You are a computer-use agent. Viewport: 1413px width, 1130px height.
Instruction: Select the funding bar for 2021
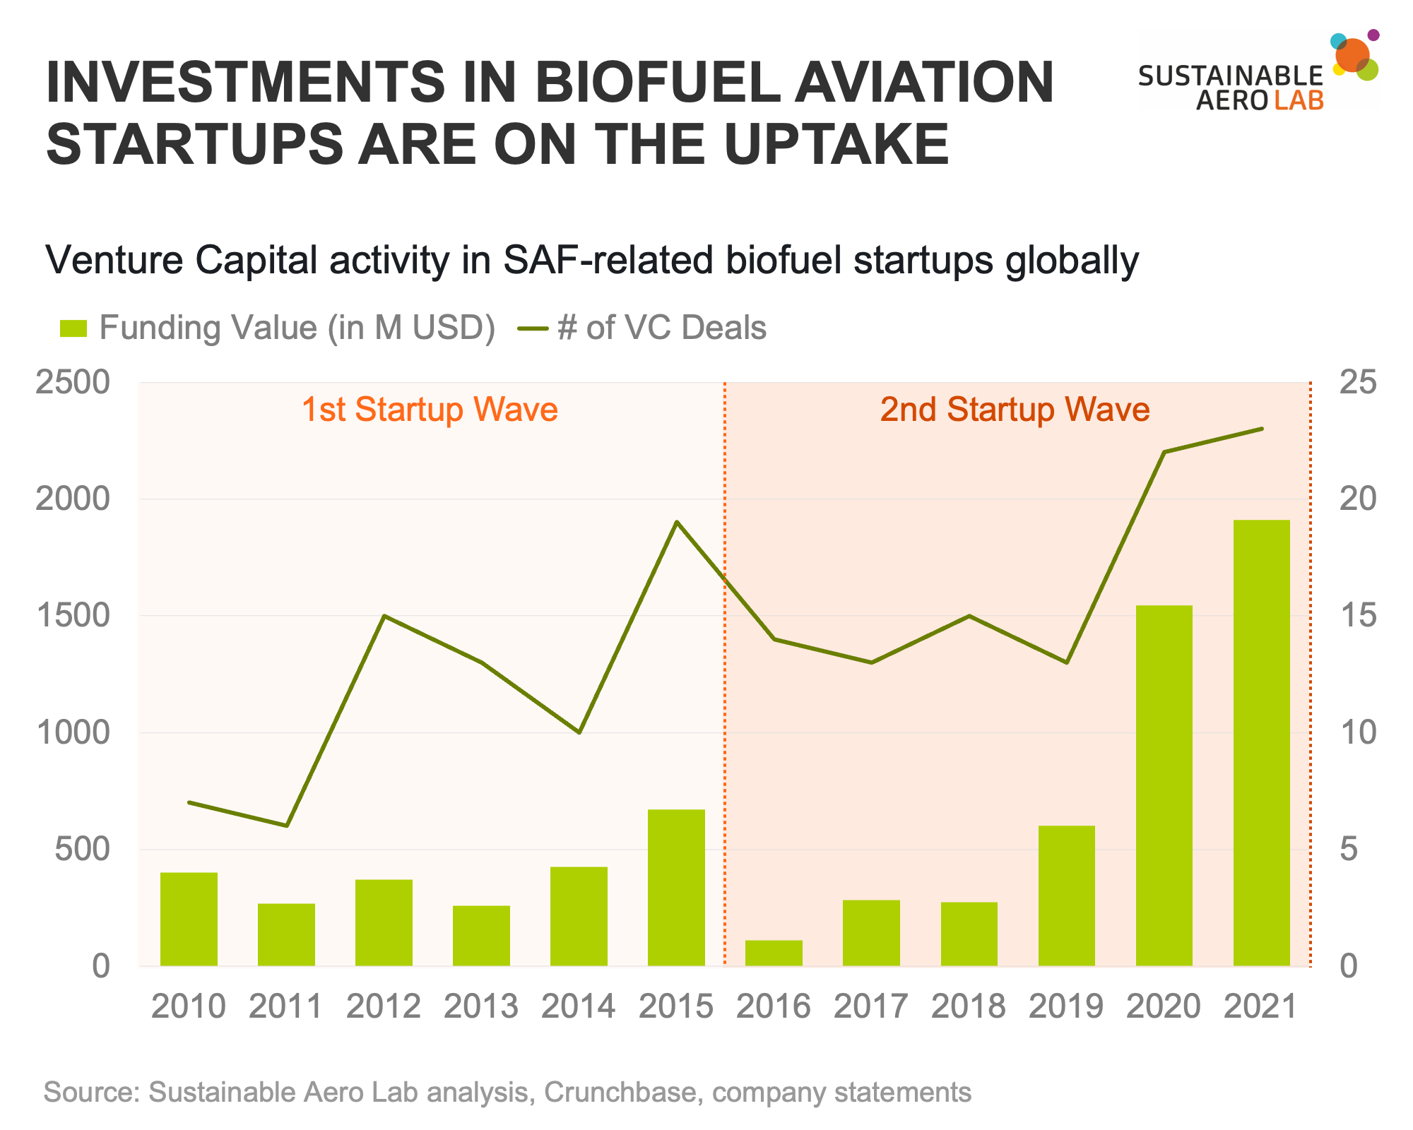[x=1261, y=742]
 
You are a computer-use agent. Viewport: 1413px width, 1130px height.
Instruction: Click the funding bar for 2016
[x=774, y=953]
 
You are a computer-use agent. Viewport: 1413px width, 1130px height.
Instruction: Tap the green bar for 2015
[x=676, y=887]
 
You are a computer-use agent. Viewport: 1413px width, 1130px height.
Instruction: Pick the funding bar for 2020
[x=1164, y=785]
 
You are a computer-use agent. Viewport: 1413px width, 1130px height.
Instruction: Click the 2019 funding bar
[x=1066, y=896]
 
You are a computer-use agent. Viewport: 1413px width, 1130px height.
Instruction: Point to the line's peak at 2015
[x=677, y=522]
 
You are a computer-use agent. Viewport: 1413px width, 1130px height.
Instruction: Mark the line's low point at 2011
[x=286, y=826]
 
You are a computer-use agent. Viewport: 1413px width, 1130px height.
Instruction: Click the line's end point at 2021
[x=1262, y=429]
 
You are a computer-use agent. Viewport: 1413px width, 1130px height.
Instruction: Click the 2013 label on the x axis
[x=481, y=1006]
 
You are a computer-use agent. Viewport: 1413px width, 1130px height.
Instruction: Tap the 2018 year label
[x=969, y=1006]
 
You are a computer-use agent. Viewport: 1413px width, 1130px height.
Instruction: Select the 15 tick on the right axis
[x=1357, y=616]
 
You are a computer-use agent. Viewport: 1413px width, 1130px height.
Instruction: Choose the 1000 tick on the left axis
[x=73, y=732]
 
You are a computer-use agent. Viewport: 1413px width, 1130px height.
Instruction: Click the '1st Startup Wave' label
[x=430, y=410]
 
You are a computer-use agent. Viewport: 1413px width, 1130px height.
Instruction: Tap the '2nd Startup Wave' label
[x=1015, y=410]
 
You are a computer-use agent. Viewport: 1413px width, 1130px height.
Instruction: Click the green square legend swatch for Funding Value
[x=73, y=328]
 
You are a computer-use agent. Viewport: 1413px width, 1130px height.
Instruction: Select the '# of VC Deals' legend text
[x=662, y=328]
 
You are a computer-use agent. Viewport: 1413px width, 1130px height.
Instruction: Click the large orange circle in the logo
[x=1352, y=55]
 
